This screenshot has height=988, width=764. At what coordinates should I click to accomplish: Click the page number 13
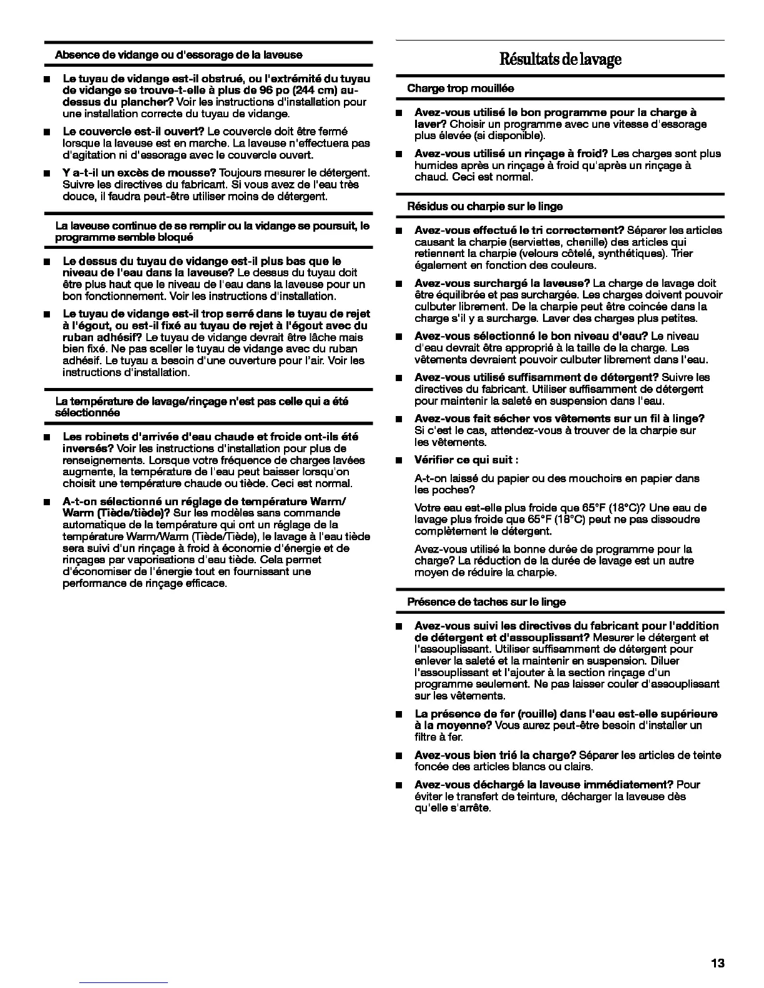717,964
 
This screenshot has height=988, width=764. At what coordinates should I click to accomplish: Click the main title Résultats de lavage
560,59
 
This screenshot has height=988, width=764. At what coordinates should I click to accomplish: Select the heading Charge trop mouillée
460,89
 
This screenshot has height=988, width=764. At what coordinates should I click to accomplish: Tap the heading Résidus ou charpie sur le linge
484,206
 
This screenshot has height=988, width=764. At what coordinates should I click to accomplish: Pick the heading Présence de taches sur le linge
486,602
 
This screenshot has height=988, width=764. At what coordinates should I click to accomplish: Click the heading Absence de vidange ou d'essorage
179,55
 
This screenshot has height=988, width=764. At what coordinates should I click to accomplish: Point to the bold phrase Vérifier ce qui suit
466,460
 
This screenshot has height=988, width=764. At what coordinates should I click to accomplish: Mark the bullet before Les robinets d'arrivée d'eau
47,437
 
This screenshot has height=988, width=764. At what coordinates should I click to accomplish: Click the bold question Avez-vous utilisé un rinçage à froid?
511,154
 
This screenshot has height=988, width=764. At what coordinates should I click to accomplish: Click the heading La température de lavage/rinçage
202,402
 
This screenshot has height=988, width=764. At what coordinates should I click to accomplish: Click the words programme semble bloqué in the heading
124,237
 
